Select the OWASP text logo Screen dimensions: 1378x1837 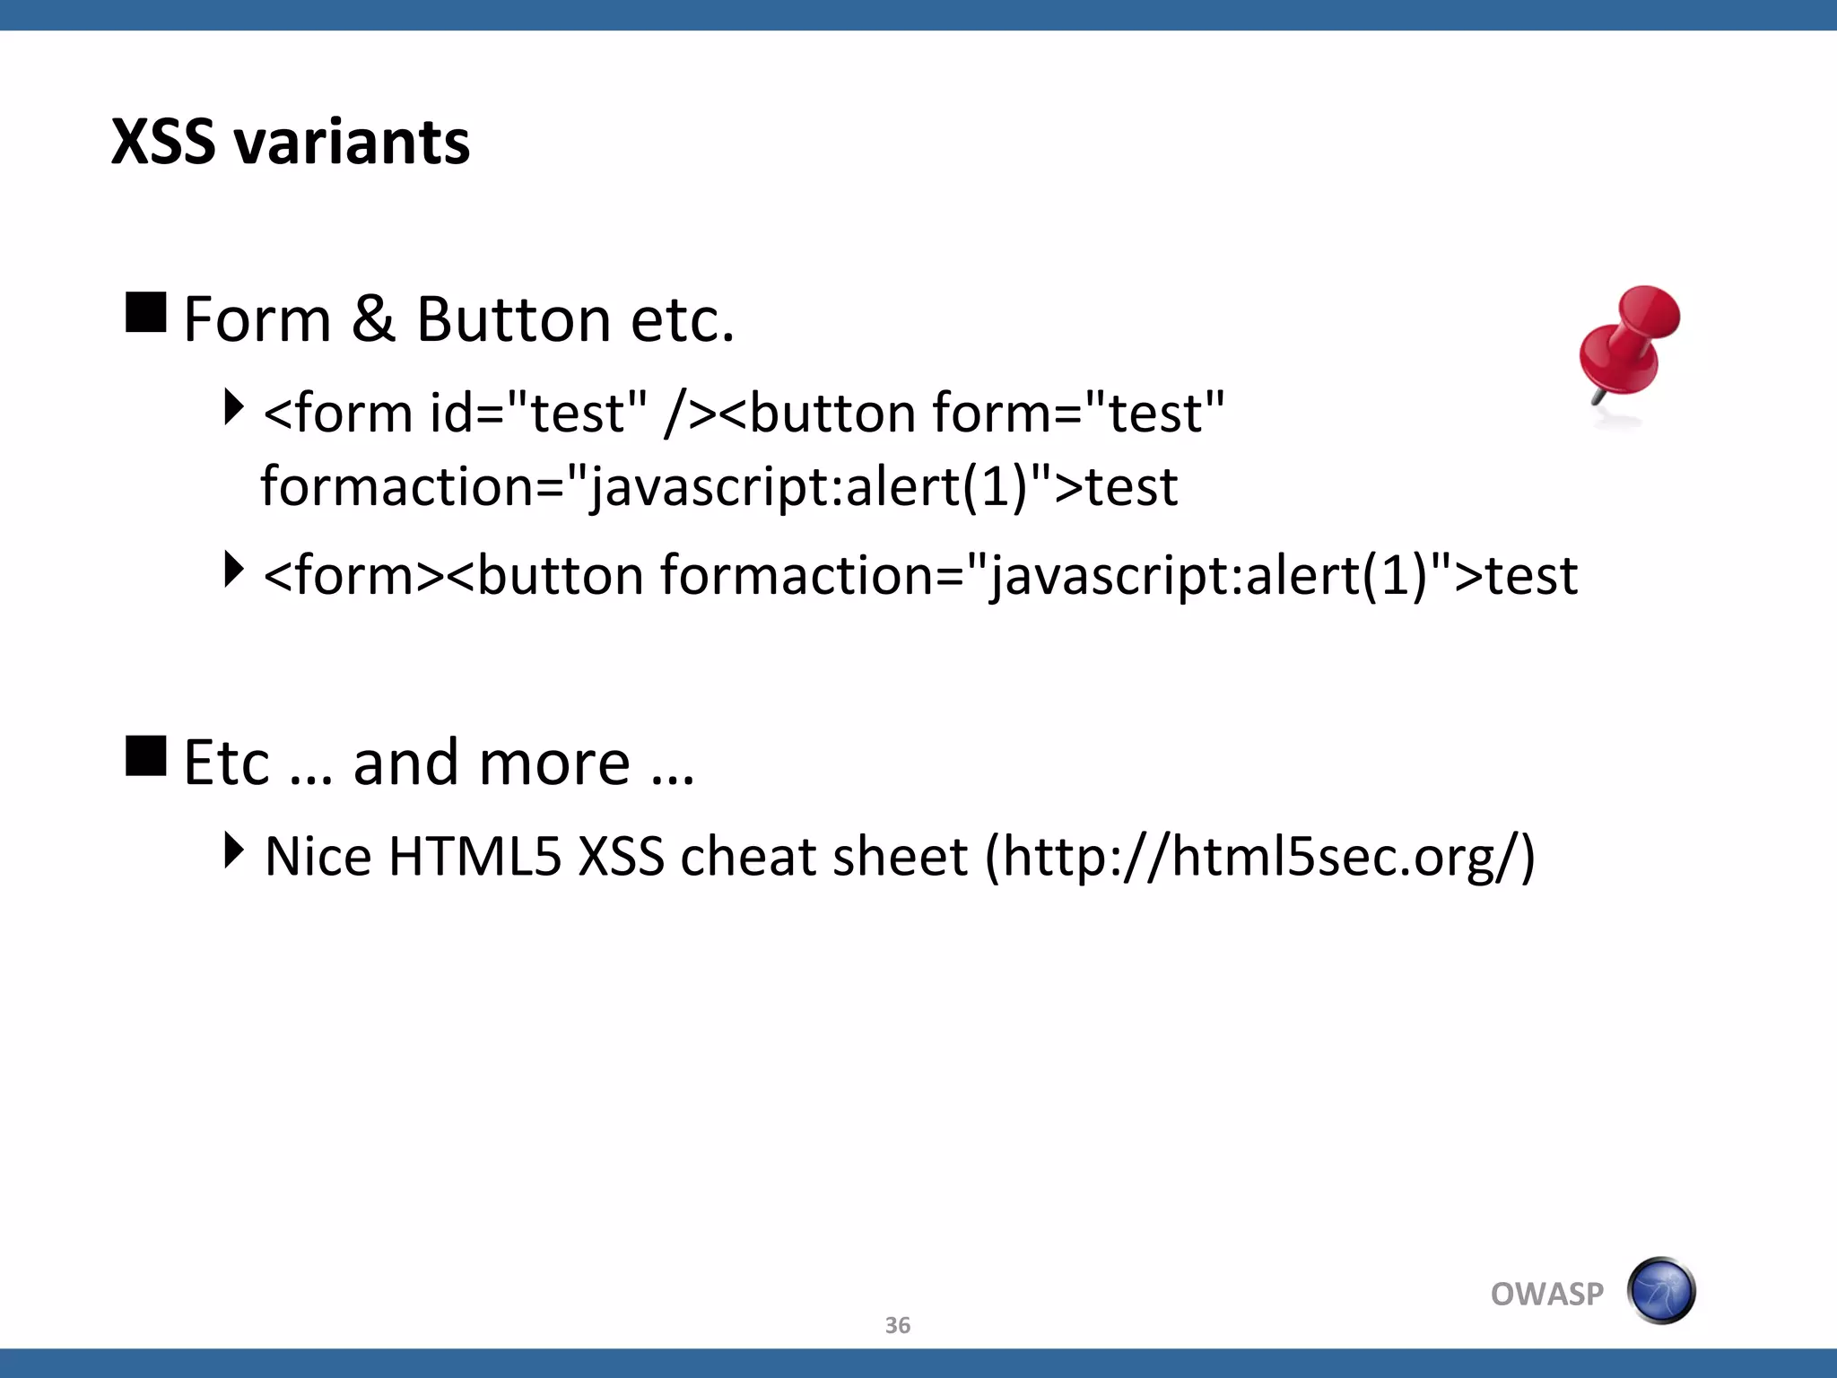coord(1546,1294)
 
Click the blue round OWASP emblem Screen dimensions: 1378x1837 coord(1660,1291)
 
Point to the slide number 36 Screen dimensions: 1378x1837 coord(897,1325)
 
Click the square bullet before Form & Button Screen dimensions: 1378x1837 coord(146,312)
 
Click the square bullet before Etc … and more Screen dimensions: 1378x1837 coord(146,755)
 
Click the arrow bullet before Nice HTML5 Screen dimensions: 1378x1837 coord(233,850)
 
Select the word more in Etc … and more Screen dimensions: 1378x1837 coord(554,763)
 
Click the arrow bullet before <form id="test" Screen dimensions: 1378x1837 coord(233,406)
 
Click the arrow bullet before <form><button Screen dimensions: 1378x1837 coord(233,570)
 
